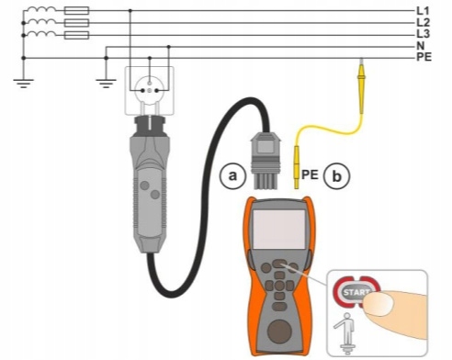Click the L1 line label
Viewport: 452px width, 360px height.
coord(423,11)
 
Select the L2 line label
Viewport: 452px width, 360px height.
coord(423,22)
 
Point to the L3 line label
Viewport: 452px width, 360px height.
coord(423,34)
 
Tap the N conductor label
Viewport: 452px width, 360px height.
coord(421,46)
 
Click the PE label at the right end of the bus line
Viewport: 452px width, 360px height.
coord(424,57)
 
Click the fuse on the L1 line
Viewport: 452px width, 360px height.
coord(76,11)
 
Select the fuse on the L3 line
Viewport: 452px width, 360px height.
coord(76,35)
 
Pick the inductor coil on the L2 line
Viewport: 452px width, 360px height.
coord(40,21)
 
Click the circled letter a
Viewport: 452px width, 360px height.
coord(232,176)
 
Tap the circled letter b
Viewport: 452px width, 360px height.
coord(337,176)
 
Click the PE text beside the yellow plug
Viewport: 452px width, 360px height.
coord(310,174)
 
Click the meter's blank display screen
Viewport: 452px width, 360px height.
coord(279,229)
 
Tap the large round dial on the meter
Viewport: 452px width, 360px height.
coord(279,332)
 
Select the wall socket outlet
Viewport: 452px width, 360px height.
coord(150,91)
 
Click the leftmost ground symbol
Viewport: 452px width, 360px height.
coord(24,83)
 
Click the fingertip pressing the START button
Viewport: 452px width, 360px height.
coord(379,303)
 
